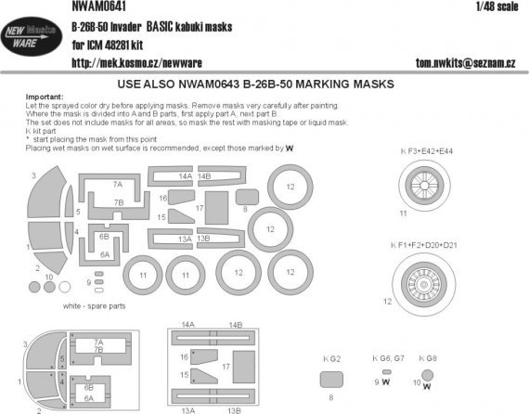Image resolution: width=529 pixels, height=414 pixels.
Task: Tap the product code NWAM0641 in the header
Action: tap(96, 6)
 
